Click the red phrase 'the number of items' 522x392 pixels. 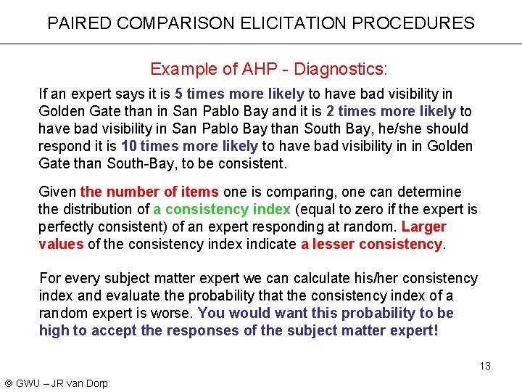point(149,192)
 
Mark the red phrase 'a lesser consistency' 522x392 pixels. point(371,244)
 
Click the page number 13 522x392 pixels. point(485,366)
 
